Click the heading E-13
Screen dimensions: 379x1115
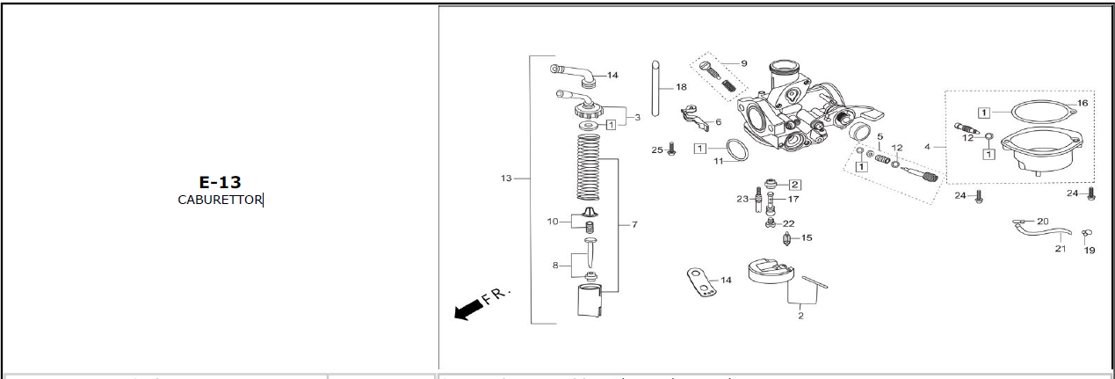click(220, 183)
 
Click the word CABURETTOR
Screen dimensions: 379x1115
click(220, 200)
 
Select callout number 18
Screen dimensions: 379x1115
click(681, 87)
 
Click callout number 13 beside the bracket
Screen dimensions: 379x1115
click(506, 179)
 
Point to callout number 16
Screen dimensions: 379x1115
click(1082, 103)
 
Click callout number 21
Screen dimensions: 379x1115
click(1061, 249)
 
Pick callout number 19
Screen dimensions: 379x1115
click(1090, 251)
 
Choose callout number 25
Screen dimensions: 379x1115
click(656, 150)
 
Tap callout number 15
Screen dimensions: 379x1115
click(807, 237)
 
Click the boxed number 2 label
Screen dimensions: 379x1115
click(794, 185)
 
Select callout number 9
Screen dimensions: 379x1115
click(743, 63)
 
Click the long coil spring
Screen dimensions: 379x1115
click(589, 167)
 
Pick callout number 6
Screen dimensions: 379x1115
click(718, 122)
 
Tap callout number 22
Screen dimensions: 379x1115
click(788, 224)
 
